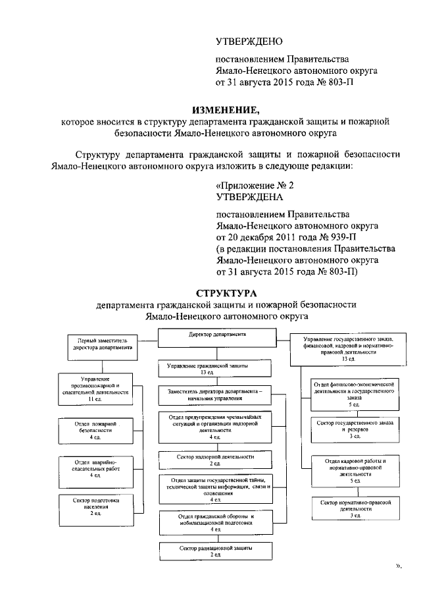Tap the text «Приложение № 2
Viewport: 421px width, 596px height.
coord(255,186)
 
